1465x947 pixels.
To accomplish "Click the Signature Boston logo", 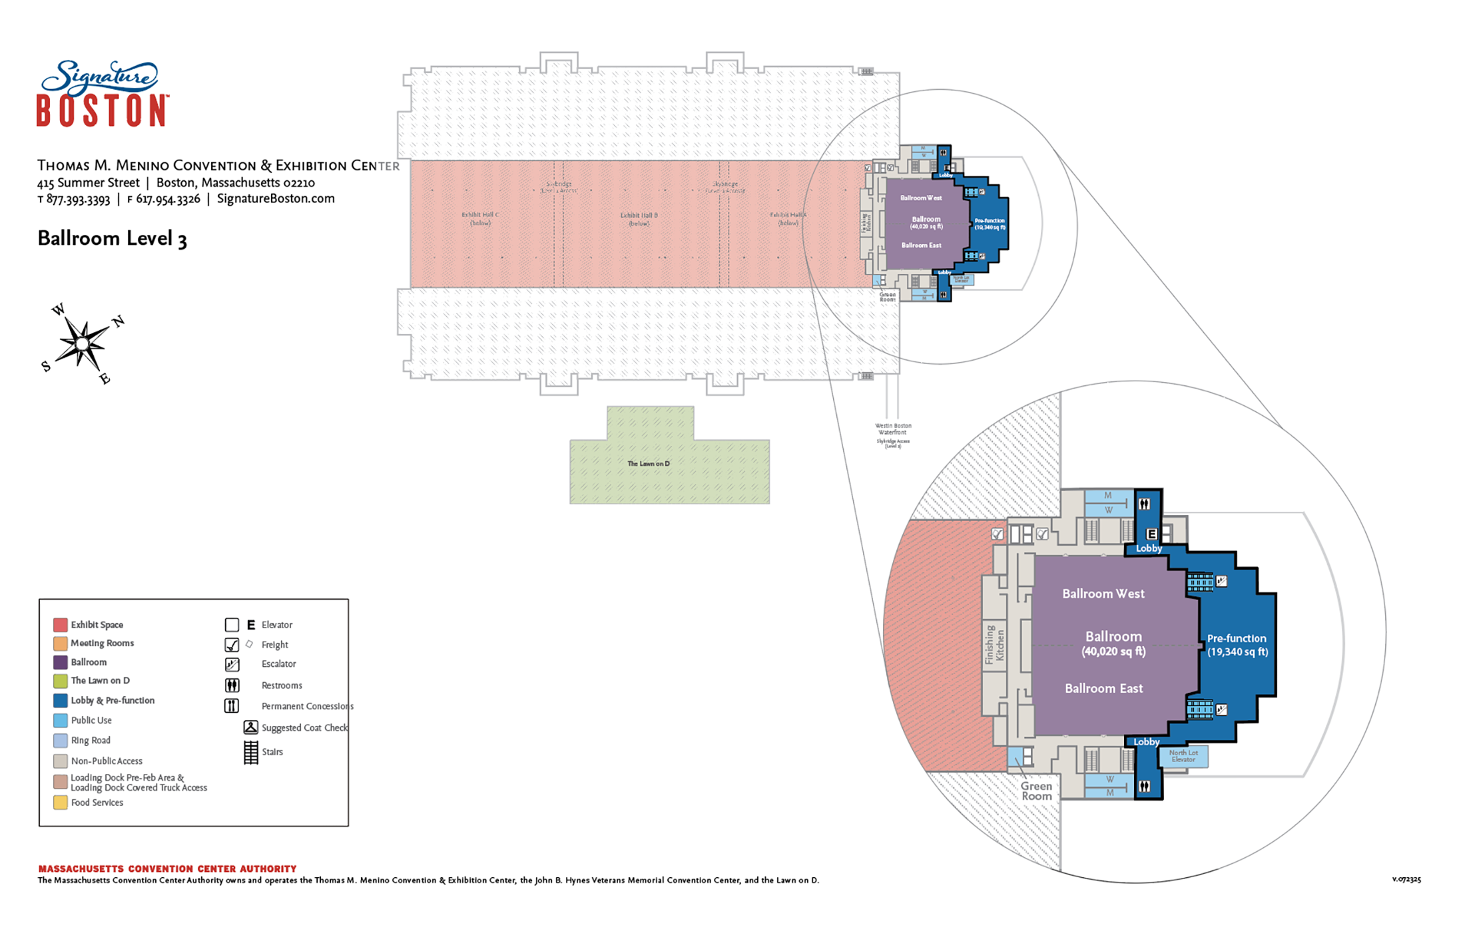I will [101, 94].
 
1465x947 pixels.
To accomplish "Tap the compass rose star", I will [82, 343].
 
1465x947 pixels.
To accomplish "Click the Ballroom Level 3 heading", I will [112, 238].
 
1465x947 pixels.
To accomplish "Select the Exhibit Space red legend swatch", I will [60, 624].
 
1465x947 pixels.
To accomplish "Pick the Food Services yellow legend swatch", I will [60, 803].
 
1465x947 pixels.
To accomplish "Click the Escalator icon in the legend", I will [232, 664].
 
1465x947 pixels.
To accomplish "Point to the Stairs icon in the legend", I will [250, 752].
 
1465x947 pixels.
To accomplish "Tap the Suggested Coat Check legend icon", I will [250, 727].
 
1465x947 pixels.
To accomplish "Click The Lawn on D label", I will [648, 464].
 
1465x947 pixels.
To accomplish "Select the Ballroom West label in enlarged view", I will [1103, 594].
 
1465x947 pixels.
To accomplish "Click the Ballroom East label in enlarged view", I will [1103, 688].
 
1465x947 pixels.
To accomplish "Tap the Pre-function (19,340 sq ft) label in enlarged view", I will [1237, 645].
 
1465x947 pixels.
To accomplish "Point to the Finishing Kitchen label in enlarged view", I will [995, 644].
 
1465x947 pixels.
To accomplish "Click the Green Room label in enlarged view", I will [1037, 791].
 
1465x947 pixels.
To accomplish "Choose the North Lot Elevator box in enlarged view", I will [1183, 756].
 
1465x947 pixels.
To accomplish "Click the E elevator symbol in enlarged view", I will [1151, 534].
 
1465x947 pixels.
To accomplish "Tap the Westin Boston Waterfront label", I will [893, 429].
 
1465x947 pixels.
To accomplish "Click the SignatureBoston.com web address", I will [276, 198].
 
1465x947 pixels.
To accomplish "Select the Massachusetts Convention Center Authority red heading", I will [167, 868].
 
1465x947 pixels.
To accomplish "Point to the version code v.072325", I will [1406, 879].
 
